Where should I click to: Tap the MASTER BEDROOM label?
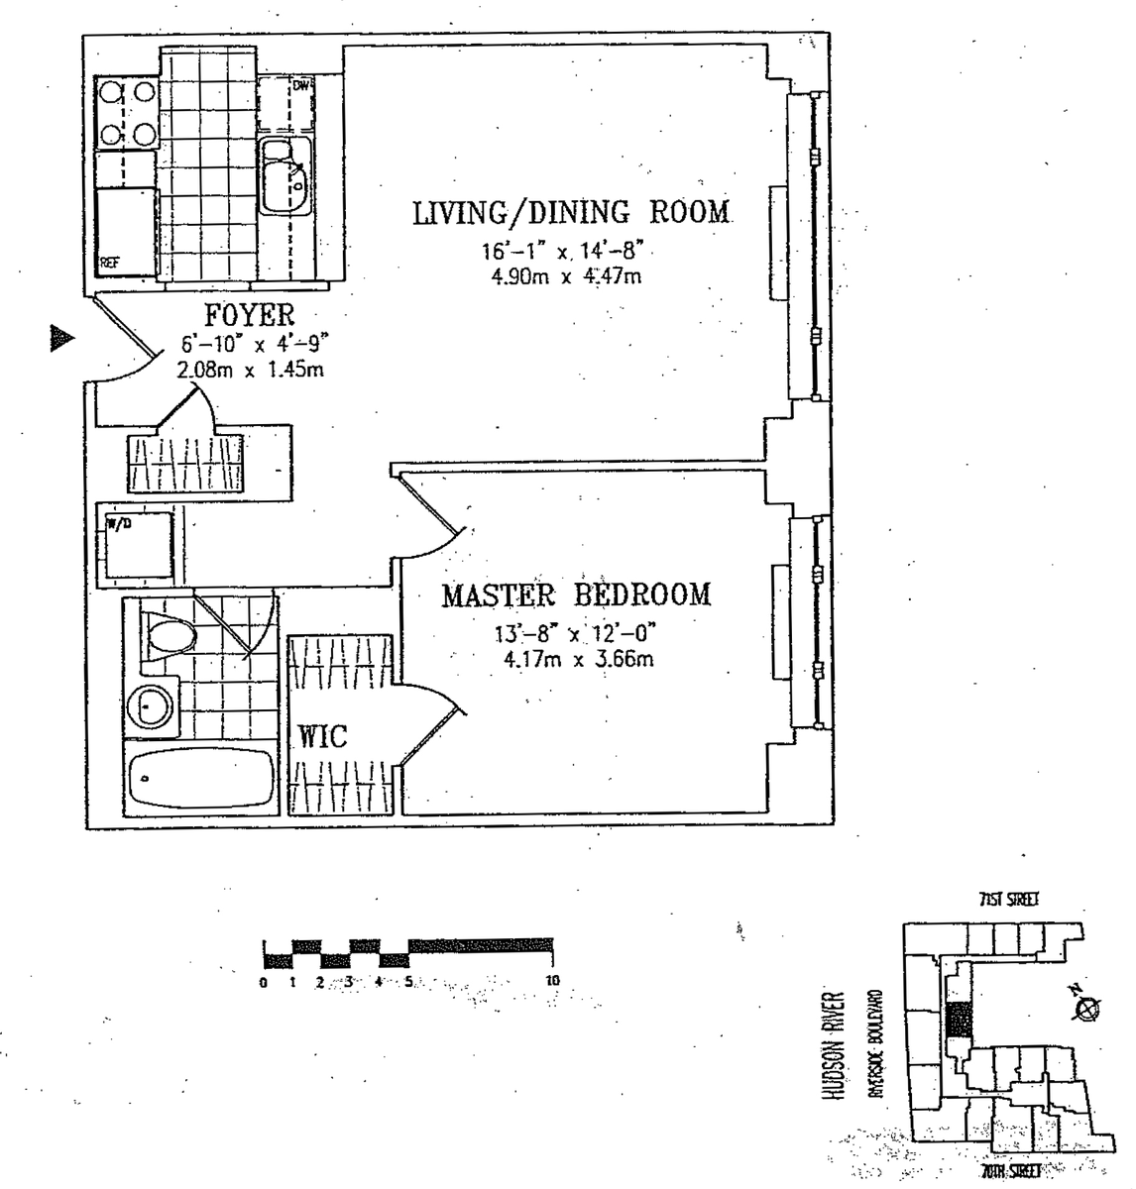576,594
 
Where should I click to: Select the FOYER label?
249,315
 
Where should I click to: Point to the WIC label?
323,736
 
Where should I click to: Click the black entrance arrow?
62,339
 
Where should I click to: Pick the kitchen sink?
285,175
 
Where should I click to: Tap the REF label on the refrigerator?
109,263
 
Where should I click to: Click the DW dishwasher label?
301,86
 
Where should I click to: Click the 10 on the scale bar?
552,980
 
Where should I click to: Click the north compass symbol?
1088,1007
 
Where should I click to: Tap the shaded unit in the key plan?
957,1021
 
